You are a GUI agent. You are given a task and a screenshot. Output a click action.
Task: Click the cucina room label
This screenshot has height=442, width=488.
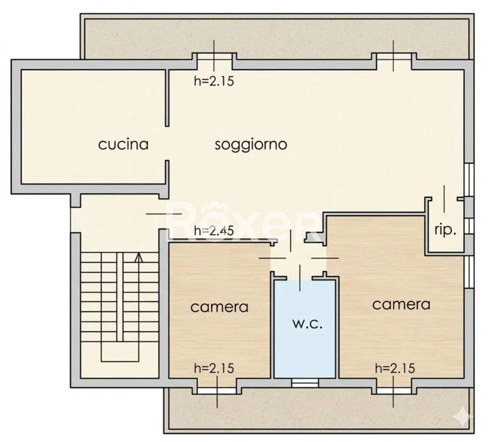[x=123, y=144]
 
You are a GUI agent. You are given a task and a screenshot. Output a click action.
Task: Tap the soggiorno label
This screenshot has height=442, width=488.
[x=251, y=144]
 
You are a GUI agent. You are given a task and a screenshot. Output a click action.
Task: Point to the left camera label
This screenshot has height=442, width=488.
[x=219, y=307]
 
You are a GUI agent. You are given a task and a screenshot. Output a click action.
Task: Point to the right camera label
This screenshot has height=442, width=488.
[x=401, y=304]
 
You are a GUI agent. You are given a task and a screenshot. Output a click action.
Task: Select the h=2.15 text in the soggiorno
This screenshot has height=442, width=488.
[x=213, y=81]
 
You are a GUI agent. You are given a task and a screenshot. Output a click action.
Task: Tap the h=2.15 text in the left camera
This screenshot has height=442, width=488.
[x=213, y=368]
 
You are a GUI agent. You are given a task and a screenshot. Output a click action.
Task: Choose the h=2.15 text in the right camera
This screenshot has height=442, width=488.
[x=394, y=368]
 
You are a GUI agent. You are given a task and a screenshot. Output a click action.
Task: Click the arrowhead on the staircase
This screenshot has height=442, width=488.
[x=138, y=257]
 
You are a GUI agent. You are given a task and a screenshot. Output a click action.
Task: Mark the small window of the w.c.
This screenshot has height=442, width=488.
[x=304, y=382]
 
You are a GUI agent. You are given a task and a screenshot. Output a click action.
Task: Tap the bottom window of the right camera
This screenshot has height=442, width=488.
[x=394, y=390]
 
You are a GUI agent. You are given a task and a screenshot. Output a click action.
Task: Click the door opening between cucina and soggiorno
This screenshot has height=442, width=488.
[x=168, y=144]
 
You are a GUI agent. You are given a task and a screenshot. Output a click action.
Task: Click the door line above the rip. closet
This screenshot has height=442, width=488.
[x=444, y=199]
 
